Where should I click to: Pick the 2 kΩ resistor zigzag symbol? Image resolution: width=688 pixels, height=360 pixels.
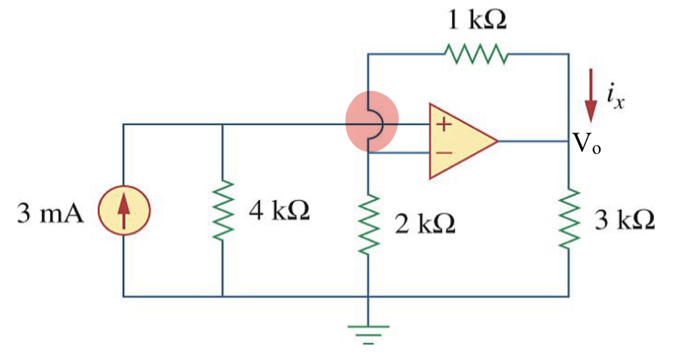click(x=368, y=225)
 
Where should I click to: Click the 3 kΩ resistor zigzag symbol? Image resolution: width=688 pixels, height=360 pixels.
click(x=568, y=218)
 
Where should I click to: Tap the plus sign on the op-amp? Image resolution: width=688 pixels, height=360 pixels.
click(x=443, y=124)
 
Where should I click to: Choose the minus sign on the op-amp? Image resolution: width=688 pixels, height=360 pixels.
click(x=443, y=153)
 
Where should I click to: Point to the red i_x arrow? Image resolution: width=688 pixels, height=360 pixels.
click(x=591, y=96)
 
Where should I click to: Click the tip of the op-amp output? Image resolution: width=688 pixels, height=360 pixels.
click(x=498, y=141)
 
